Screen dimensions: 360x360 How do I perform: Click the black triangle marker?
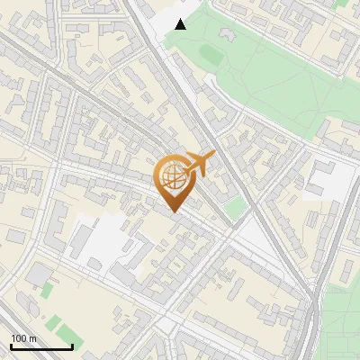click(x=181, y=24)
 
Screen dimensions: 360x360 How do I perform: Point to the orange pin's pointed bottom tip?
click(x=173, y=212)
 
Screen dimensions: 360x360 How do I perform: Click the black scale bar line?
click(x=41, y=346)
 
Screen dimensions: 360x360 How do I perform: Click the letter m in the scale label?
click(x=33, y=338)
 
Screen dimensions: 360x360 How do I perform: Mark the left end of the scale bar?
click(x=11, y=346)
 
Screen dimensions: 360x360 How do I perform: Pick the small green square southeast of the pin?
click(x=235, y=210)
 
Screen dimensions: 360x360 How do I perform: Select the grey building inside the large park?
click(x=224, y=36)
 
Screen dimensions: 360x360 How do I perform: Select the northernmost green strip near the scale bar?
click(x=45, y=290)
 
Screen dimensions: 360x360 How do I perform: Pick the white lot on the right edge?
click(x=325, y=180)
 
